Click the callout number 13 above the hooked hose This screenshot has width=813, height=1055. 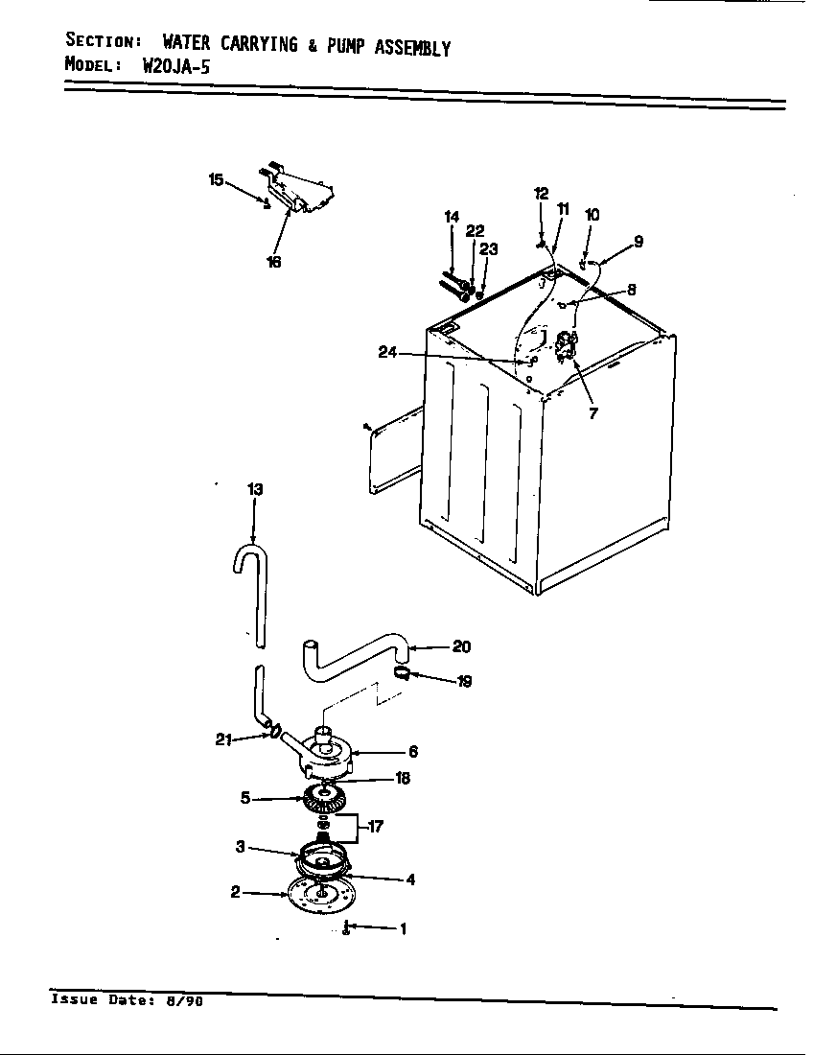coord(254,489)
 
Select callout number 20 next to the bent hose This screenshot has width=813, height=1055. coord(461,646)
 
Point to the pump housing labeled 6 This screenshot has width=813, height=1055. coord(326,750)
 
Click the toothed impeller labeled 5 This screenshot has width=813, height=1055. coord(327,797)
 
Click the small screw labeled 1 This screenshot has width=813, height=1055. coord(345,928)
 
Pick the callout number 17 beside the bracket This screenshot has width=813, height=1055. coord(376,826)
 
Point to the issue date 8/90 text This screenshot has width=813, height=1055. coord(188,1000)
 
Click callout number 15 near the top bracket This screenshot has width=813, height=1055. coord(217,179)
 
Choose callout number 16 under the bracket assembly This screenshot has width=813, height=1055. coord(274,262)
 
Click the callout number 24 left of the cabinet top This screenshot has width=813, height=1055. coord(388,352)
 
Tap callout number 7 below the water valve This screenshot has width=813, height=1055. coord(592,414)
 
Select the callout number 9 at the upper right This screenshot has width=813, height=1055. coord(639,242)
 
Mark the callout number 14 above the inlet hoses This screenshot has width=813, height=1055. coord(452,217)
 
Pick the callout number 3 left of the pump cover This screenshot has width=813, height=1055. coord(242,846)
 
